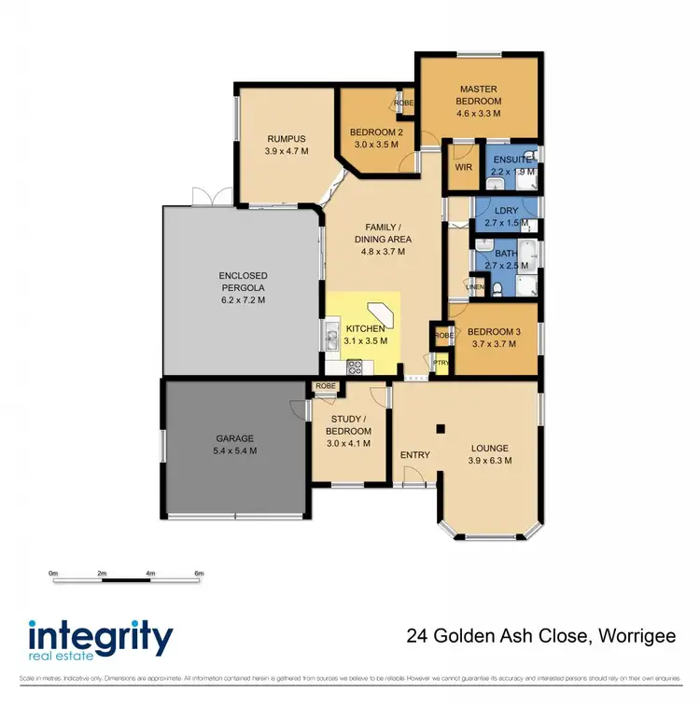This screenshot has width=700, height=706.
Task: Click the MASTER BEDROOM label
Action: (x=478, y=94)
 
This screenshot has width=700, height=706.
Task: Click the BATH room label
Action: (x=506, y=254)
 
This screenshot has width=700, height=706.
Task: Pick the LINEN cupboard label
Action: (x=476, y=287)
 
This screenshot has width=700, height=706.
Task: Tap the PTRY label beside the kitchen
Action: (x=441, y=363)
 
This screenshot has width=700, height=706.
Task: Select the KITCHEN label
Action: (x=365, y=329)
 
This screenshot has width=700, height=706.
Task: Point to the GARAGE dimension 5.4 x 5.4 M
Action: (x=235, y=450)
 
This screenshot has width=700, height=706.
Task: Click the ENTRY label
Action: (x=414, y=455)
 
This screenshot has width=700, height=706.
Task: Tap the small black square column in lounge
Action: (x=441, y=429)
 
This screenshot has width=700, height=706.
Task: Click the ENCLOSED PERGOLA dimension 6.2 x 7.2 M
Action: (x=243, y=300)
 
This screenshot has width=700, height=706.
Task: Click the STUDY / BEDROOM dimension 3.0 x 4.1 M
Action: (x=348, y=444)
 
